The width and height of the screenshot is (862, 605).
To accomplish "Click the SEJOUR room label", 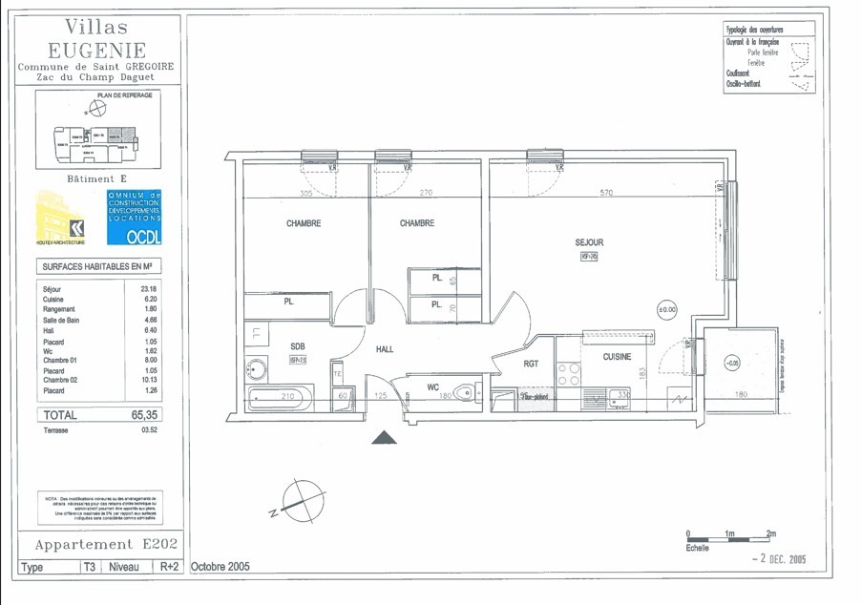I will point(589,242).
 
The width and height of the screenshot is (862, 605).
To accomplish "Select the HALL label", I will point(385,349).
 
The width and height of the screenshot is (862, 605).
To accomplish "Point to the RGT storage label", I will point(532,364).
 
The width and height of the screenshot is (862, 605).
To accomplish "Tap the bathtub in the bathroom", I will point(279,397).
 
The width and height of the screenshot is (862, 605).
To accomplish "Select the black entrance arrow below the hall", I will point(384,438).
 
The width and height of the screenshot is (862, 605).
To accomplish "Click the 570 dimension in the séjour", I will point(605,193).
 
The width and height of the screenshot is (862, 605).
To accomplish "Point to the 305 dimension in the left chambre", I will point(305,193).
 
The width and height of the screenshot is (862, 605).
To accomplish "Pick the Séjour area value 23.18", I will point(148,288).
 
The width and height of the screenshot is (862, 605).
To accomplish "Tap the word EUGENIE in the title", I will point(97,50).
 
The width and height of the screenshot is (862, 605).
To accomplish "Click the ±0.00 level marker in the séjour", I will point(666,309).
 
